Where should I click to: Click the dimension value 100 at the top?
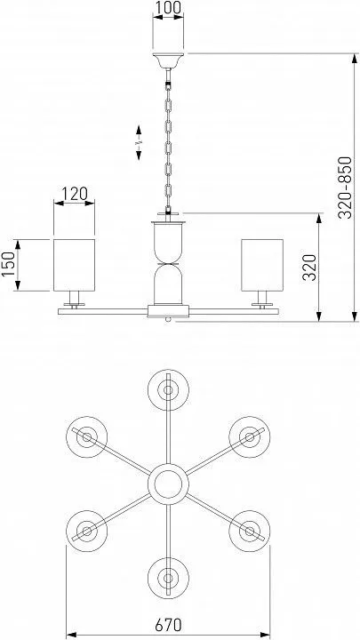tap(168, 7)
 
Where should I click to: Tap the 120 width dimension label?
tap(74, 194)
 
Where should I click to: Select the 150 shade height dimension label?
tap(8, 264)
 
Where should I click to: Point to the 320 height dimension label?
tap(310, 268)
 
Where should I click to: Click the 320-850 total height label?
tap(345, 188)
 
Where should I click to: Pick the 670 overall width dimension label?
tap(168, 625)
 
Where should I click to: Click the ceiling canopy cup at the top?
tap(168, 60)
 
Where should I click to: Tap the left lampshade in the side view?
tap(75, 265)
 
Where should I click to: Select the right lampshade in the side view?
tap(262, 265)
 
